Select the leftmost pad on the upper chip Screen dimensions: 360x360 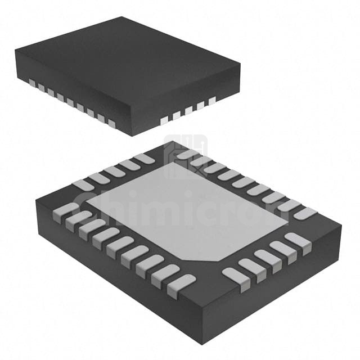coord(31,83)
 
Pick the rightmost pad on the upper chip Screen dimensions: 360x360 coord(212,101)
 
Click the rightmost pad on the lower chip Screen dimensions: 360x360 coord(305,214)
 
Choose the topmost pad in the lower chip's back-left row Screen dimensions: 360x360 coord(144,159)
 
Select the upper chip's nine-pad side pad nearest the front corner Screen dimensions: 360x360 coord(111,123)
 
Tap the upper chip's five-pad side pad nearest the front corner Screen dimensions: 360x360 coord(163,120)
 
